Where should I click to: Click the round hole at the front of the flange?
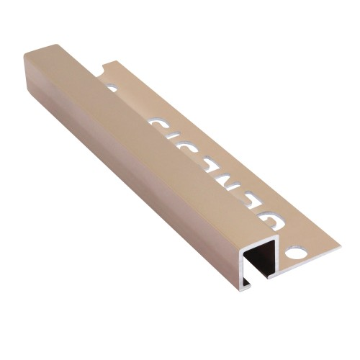[x=294, y=253]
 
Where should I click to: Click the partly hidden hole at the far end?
[x=112, y=88]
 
